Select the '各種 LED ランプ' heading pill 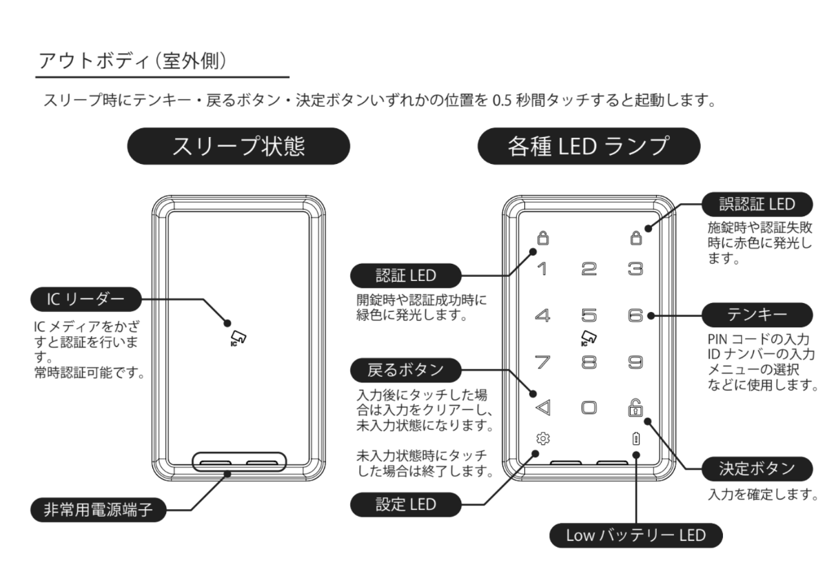click(589, 147)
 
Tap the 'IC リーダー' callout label click(85, 300)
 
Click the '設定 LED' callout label click(404, 504)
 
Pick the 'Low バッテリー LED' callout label click(635, 535)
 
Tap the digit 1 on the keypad click(542, 269)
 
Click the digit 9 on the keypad click(635, 360)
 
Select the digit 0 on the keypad click(589, 407)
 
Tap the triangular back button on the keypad click(542, 407)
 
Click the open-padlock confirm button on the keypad click(635, 406)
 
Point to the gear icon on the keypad click(542, 438)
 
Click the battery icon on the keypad click(635, 438)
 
